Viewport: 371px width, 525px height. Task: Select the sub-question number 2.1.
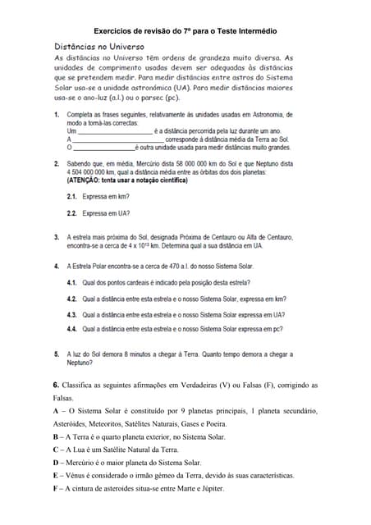[x=71, y=198]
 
